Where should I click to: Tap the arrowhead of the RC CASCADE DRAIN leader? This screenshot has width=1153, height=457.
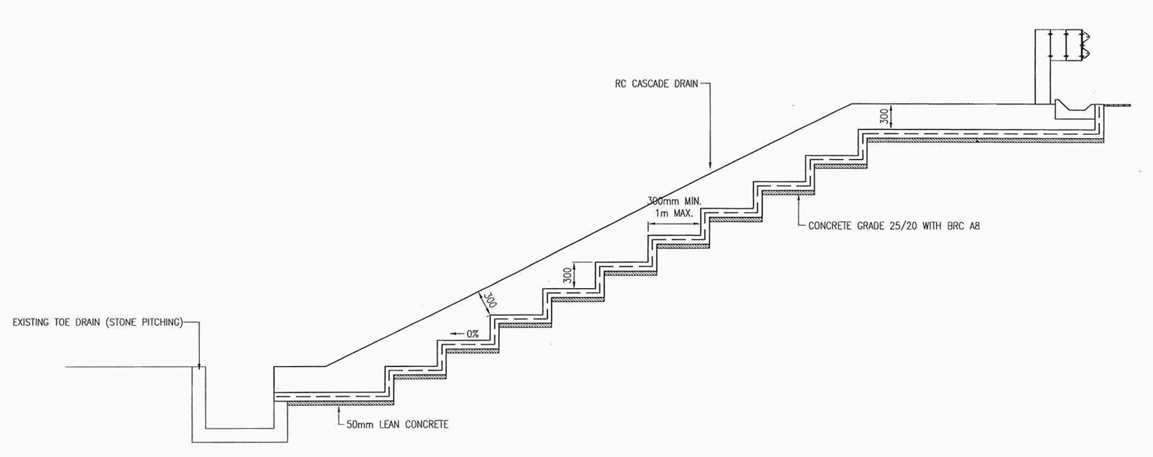pyautogui.click(x=710, y=167)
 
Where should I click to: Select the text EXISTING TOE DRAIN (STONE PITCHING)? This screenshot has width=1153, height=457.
pyautogui.click(x=97, y=322)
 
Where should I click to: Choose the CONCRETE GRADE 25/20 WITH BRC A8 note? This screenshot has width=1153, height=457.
pyautogui.click(x=894, y=226)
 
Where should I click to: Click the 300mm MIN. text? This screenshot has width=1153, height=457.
pyautogui.click(x=674, y=200)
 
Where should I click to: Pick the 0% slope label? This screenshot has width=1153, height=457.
pyautogui.click(x=472, y=334)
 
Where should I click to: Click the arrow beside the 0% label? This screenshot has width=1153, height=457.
pyautogui.click(x=455, y=334)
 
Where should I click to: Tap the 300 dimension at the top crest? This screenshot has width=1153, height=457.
pyautogui.click(x=894, y=115)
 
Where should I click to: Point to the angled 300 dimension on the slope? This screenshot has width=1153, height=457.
pyautogui.click(x=489, y=301)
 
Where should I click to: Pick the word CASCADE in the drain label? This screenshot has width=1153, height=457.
pyautogui.click(x=653, y=84)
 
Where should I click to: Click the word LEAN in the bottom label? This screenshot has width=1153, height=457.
pyautogui.click(x=390, y=425)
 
